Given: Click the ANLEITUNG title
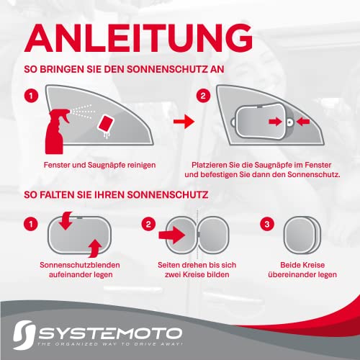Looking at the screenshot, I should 135,37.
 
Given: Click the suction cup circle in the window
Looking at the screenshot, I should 289,122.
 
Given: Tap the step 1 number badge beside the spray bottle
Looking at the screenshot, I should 30,95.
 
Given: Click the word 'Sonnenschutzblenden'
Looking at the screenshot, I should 76,266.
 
